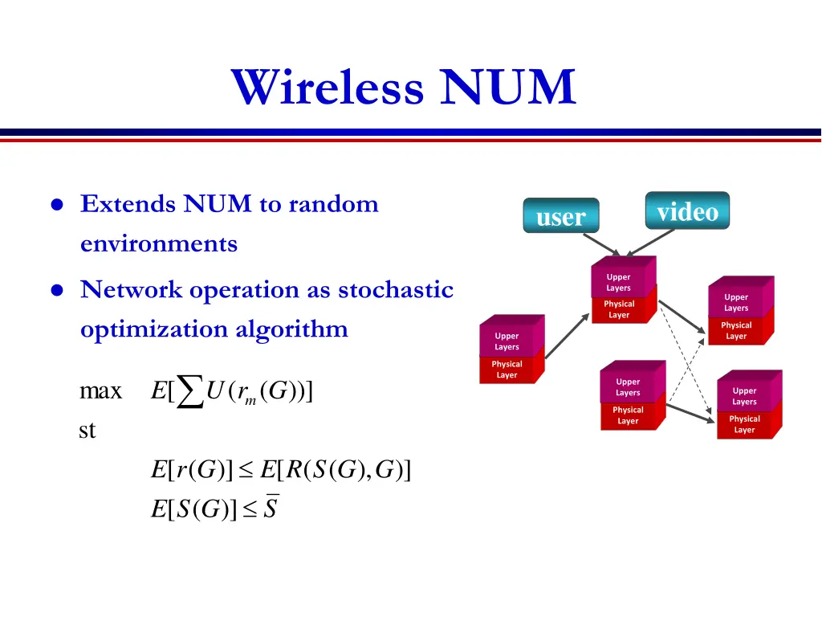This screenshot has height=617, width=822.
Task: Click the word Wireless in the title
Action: pos(328,88)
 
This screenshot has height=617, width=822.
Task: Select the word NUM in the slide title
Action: pos(507,88)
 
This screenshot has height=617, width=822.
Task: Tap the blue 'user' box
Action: pos(560,216)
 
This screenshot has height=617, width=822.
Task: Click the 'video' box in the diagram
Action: pos(687,212)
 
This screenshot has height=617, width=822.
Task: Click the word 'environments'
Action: pos(159,243)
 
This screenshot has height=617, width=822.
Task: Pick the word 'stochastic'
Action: pos(396,289)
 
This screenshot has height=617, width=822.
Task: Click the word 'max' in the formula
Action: pos(101,392)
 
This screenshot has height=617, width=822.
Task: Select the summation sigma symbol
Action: pos(189,392)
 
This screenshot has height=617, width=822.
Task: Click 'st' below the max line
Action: pos(87,431)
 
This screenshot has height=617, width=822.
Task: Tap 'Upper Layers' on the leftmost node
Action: pos(507,341)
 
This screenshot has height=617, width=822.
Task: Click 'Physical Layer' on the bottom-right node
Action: pos(744,424)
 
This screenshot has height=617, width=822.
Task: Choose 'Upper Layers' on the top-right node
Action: pos(736,303)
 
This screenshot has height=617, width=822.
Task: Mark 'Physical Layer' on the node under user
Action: pos(619,309)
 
